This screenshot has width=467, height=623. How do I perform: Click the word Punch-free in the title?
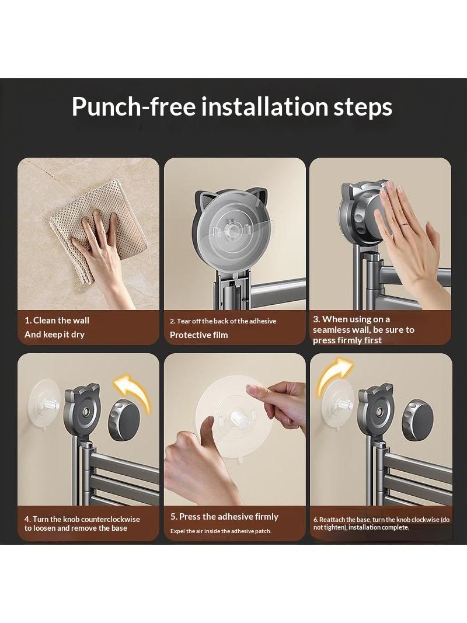[134, 107]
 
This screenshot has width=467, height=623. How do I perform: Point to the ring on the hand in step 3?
[405, 225]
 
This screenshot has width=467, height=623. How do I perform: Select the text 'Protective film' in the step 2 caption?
[199, 335]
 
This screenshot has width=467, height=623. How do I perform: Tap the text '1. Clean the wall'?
[57, 320]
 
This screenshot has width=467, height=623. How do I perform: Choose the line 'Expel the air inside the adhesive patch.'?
[221, 531]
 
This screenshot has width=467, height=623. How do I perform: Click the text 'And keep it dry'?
[54, 335]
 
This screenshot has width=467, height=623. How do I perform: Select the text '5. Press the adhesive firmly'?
[224, 517]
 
